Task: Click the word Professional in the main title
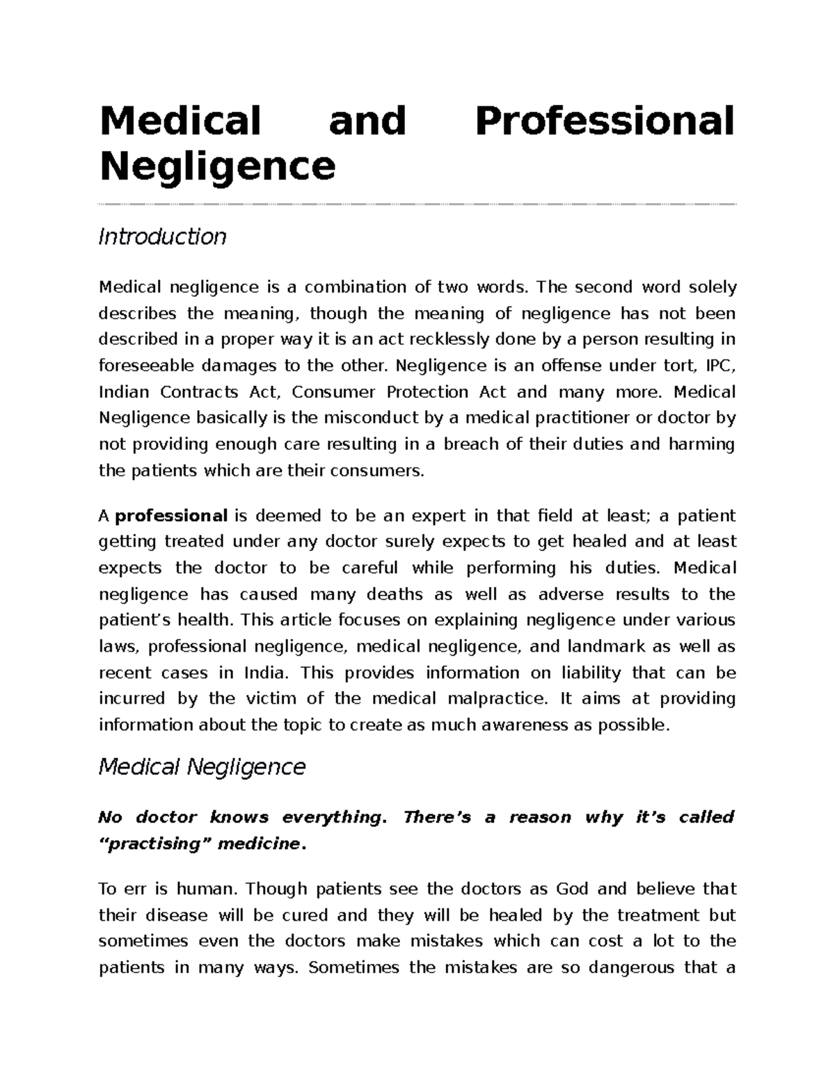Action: [x=604, y=121]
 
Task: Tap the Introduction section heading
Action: [x=162, y=237]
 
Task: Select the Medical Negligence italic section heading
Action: [x=202, y=767]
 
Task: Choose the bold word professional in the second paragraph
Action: [x=171, y=516]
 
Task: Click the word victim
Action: [x=282, y=699]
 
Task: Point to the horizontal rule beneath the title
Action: [x=417, y=204]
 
